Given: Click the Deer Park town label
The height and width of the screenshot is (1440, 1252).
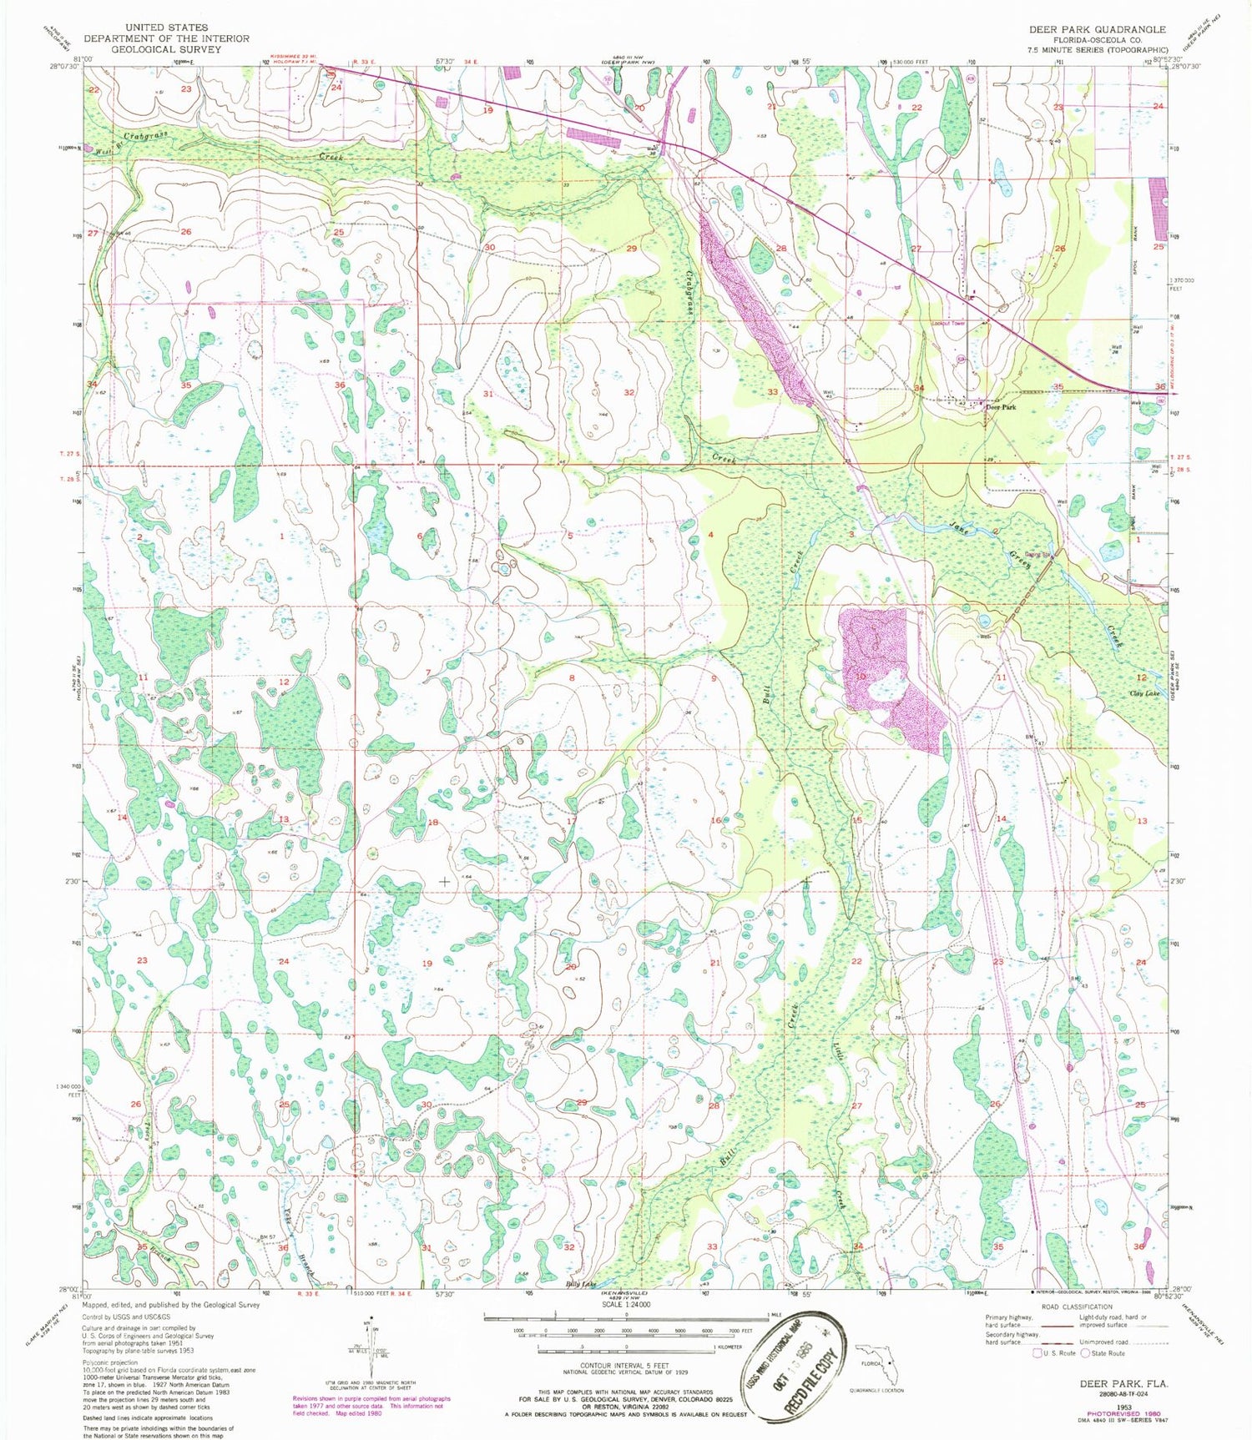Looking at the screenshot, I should (1001, 408).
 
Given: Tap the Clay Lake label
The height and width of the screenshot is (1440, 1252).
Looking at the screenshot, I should (1144, 694).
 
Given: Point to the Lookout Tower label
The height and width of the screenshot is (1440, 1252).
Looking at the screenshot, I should (948, 323).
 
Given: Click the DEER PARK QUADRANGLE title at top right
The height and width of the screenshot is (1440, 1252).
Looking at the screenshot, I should (1097, 29).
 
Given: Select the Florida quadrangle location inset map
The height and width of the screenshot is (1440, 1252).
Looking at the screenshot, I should (877, 1366).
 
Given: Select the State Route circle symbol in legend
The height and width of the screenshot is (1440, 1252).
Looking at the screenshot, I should (1088, 1353).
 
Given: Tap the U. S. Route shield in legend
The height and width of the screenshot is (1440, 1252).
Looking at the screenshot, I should (1039, 1353).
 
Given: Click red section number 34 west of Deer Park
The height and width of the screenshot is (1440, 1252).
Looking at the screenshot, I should (919, 389).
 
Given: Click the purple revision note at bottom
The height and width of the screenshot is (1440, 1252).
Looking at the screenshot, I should (371, 1405).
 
